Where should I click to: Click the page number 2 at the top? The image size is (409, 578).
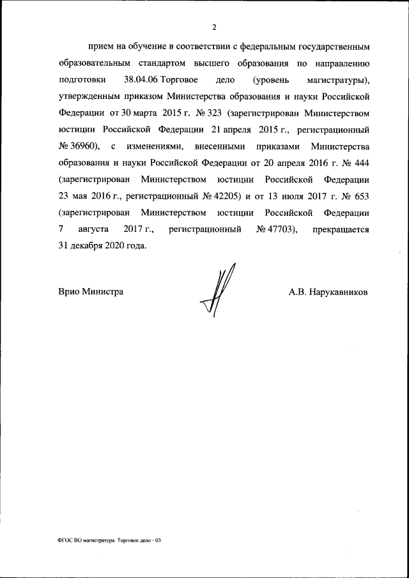pyautogui.click(x=214, y=27)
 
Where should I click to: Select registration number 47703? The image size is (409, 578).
pyautogui.click(x=274, y=229)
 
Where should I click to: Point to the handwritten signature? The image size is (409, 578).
pyautogui.click(x=217, y=292)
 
